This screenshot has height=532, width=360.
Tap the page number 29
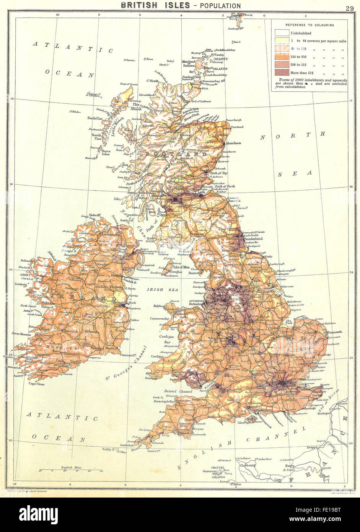(x=350, y=8)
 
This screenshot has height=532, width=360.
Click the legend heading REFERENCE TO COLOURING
(x=309, y=25)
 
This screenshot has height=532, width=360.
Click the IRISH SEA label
(x=158, y=290)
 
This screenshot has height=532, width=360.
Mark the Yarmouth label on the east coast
(x=335, y=332)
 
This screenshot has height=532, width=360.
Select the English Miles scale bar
(x=70, y=470)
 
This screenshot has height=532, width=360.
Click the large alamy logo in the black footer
(x=38, y=514)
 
